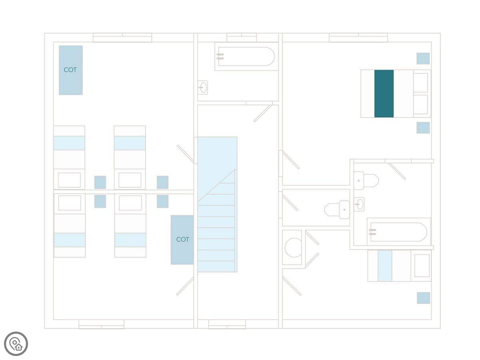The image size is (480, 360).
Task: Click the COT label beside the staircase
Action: (x=182, y=239)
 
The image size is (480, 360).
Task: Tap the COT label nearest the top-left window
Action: (x=70, y=70)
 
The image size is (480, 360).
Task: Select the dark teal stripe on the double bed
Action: (x=384, y=94)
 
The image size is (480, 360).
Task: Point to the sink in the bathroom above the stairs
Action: (x=203, y=87)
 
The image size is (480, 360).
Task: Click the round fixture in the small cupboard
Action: (x=293, y=248)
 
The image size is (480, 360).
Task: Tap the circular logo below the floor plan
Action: (x=16, y=344)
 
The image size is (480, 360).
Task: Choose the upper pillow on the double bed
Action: (x=420, y=83)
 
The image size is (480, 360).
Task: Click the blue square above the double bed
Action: (x=423, y=58)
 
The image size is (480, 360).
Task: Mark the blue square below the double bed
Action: (x=423, y=128)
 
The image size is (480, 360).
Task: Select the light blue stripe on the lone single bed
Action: (x=385, y=266)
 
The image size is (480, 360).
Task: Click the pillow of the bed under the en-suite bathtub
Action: (x=422, y=266)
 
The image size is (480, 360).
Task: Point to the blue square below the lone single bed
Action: (x=424, y=298)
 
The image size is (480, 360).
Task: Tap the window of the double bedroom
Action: (x=358, y=38)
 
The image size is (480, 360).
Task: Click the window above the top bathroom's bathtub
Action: (x=242, y=38)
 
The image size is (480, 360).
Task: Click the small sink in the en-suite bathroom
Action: (x=359, y=204)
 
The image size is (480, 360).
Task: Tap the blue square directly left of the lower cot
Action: (x=162, y=201)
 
